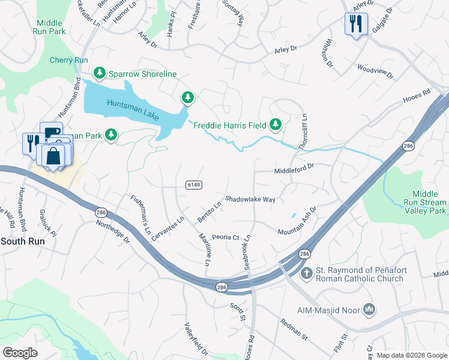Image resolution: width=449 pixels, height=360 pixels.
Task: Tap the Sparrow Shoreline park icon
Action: coord(100,73)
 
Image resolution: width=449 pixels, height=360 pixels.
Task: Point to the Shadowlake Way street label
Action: coord(250,199)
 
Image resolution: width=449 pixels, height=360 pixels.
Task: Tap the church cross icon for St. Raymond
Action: coord(306,274)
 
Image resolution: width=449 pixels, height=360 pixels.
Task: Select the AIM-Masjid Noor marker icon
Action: coord(369,310)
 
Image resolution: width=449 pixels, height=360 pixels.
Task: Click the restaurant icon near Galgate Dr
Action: coord(355,24)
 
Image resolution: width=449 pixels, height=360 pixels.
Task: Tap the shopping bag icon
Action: coord(53,156)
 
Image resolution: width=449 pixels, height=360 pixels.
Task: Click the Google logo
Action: coord(20,353)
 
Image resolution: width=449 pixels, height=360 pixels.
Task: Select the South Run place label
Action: coord(22,241)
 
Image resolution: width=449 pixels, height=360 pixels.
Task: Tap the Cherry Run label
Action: coord(69,61)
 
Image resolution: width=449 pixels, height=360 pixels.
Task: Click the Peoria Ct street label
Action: coord(226,237)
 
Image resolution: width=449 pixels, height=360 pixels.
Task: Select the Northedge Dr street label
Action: coord(113,230)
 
